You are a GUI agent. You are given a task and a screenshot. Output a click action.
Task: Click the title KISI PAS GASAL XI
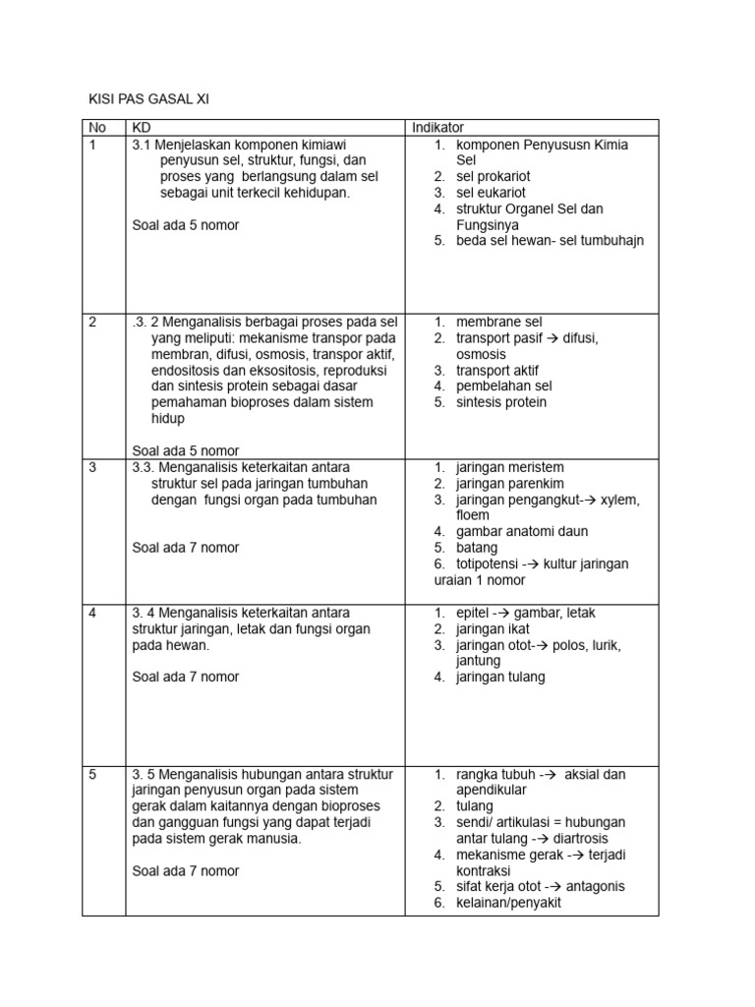coord(144,99)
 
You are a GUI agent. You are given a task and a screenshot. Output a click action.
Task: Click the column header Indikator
coord(437,128)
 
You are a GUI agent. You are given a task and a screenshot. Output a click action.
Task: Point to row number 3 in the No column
coord(92,467)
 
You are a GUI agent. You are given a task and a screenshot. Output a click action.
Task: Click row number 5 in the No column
coord(92,774)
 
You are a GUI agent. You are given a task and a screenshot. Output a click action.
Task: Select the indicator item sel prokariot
coord(493,176)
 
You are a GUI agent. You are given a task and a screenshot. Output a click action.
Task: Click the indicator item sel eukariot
coord(491,193)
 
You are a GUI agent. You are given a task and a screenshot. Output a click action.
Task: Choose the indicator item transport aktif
coord(496,370)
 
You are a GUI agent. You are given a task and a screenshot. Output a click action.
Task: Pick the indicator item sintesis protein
coord(501,402)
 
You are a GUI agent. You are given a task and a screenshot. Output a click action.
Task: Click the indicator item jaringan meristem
coord(509,467)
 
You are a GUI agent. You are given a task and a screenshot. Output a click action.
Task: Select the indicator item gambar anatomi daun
coord(522,531)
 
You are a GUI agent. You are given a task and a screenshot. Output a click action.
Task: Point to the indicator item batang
coord(477,548)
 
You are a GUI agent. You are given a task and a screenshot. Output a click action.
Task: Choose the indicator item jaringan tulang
coord(500,677)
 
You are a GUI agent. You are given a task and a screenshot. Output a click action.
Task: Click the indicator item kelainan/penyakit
coord(508,903)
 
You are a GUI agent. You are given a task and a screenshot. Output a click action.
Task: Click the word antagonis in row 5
coord(594,887)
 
